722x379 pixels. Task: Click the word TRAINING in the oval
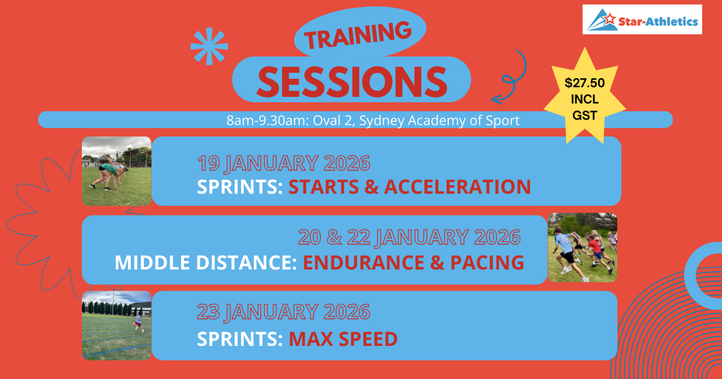pyautogui.click(x=358, y=35)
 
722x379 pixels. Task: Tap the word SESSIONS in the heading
pyautogui.click(x=352, y=82)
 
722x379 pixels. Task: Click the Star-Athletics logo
pyautogui.click(x=642, y=19)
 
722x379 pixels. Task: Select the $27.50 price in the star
pyautogui.click(x=585, y=83)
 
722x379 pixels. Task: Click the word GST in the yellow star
pyautogui.click(x=585, y=115)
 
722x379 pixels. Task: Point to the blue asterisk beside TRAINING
pyautogui.click(x=209, y=46)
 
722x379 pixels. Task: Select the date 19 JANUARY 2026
pyautogui.click(x=283, y=163)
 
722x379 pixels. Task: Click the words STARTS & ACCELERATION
pyautogui.click(x=409, y=186)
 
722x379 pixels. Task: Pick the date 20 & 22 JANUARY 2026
pyautogui.click(x=409, y=237)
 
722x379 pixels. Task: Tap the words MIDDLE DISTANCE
pyautogui.click(x=206, y=262)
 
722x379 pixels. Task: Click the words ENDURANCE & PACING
pyautogui.click(x=413, y=262)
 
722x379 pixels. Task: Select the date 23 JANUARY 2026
pyautogui.click(x=283, y=312)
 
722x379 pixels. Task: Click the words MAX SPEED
pyautogui.click(x=343, y=339)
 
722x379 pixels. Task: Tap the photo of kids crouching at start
pyautogui.click(x=116, y=171)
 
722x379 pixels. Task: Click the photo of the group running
pyautogui.click(x=582, y=247)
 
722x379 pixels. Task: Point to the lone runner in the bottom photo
pyautogui.click(x=138, y=322)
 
